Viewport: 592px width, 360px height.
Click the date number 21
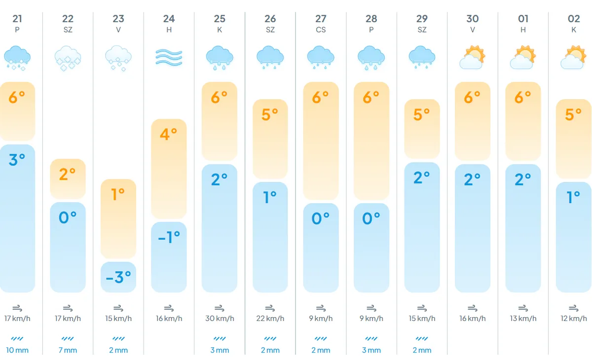tap(17, 19)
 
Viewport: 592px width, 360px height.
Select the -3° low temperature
tap(118, 277)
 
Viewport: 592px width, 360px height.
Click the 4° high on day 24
tap(169, 134)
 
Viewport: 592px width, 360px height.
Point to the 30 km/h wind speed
tap(220, 319)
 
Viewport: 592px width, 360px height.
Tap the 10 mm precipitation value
tap(17, 350)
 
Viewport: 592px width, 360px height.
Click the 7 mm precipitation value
tap(68, 350)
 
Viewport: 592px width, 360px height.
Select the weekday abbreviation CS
tap(321, 30)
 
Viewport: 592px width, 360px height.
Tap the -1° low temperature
tap(169, 237)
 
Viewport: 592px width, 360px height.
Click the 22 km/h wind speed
tap(270, 319)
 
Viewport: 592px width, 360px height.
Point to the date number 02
tap(574, 19)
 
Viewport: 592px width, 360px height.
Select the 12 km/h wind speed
tap(574, 319)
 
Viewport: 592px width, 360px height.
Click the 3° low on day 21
tap(17, 160)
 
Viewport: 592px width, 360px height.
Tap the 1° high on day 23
tap(118, 194)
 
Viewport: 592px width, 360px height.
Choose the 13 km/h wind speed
tap(523, 319)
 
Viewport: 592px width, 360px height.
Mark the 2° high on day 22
tap(68, 174)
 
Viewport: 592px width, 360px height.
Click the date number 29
tap(422, 19)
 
